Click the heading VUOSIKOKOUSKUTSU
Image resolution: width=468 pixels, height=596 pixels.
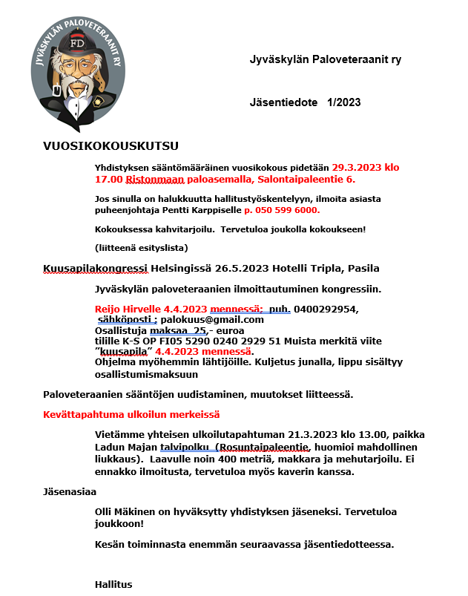(x=111, y=145)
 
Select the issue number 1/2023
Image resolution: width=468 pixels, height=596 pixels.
(x=344, y=102)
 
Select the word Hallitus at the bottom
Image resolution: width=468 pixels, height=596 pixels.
(x=113, y=584)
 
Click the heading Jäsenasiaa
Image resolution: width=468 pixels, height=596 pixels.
(x=70, y=491)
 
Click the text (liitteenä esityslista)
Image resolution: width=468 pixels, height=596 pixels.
(x=142, y=246)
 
